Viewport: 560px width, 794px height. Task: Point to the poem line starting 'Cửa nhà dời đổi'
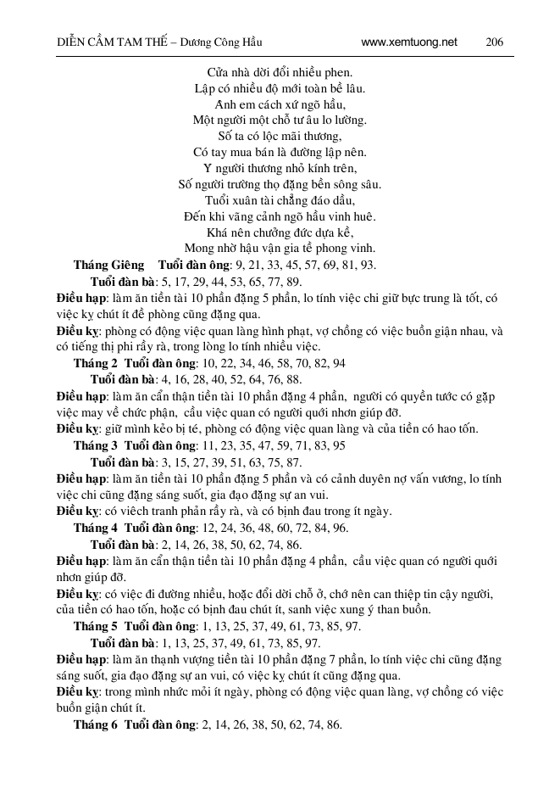click(280, 73)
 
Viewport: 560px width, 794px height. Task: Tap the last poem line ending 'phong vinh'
click(280, 249)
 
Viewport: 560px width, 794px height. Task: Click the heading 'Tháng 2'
click(95, 363)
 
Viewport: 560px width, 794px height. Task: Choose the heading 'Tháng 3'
click(95, 445)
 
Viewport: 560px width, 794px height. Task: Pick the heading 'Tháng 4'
click(95, 527)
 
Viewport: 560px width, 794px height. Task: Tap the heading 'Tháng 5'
click(95, 626)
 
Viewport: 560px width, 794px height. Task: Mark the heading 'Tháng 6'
click(95, 724)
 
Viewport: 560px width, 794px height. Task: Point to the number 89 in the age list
click(291, 282)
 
